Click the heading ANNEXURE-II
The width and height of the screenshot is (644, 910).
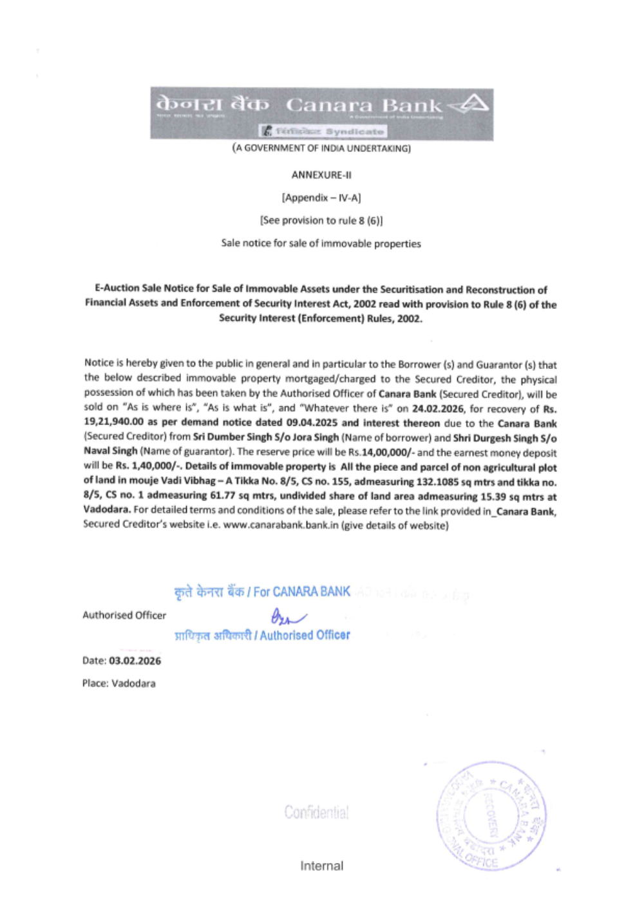[x=321, y=175]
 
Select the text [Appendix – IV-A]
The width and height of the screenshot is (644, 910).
[x=321, y=198]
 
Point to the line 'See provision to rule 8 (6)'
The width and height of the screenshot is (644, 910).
[x=321, y=220]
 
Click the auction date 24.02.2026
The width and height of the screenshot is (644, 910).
[x=438, y=409]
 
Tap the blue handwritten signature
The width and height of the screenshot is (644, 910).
[x=287, y=617]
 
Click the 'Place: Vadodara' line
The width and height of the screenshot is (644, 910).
[x=118, y=683]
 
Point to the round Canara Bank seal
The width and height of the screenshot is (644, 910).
[x=491, y=816]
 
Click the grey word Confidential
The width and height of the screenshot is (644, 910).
[x=316, y=813]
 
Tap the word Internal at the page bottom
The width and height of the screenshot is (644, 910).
[x=321, y=866]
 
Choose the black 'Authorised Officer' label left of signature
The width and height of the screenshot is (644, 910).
[x=124, y=615]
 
